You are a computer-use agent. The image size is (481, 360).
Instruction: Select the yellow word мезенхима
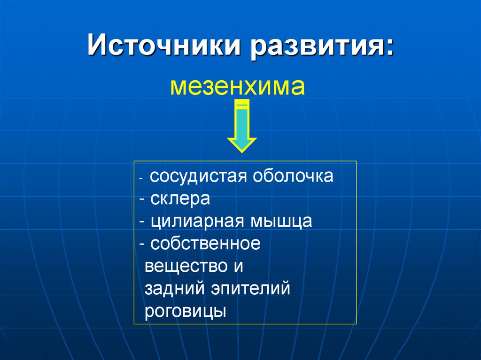point(237,87)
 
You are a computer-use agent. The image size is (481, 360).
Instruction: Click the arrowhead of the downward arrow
point(241,144)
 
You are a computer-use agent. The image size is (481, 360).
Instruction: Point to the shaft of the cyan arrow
point(241,122)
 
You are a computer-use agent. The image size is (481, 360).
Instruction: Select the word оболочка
point(293,176)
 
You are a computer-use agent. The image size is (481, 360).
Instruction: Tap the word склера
point(180,199)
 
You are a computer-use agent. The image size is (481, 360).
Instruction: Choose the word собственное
point(205,244)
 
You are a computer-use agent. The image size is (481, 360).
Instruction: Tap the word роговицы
point(186,311)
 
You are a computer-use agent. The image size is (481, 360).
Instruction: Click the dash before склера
point(143,199)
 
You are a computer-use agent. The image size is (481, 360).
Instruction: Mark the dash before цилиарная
point(143,221)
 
